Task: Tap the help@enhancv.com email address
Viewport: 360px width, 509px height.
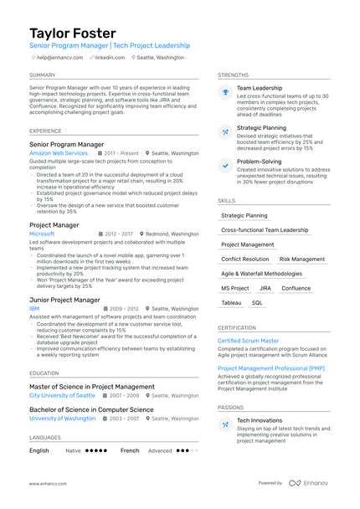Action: point(59,58)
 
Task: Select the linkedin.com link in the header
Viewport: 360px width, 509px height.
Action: point(110,58)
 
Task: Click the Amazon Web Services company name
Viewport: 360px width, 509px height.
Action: point(59,154)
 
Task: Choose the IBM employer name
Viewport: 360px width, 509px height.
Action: point(34,308)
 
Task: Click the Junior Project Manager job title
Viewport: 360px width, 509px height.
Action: point(64,300)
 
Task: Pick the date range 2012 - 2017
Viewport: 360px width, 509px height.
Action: point(118,234)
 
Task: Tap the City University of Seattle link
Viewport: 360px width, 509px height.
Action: point(62,395)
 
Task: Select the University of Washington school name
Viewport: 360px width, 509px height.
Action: point(62,418)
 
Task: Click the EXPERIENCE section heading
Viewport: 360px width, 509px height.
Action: point(45,131)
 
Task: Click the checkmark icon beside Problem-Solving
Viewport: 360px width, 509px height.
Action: point(225,166)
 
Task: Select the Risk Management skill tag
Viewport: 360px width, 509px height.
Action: point(301,260)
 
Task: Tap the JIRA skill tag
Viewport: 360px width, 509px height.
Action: point(265,288)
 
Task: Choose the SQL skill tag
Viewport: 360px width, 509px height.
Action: point(257,302)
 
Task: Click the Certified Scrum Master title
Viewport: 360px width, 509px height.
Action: point(249,341)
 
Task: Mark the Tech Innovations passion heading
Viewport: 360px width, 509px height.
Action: point(260,420)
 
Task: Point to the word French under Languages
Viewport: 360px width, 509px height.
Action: point(130,450)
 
